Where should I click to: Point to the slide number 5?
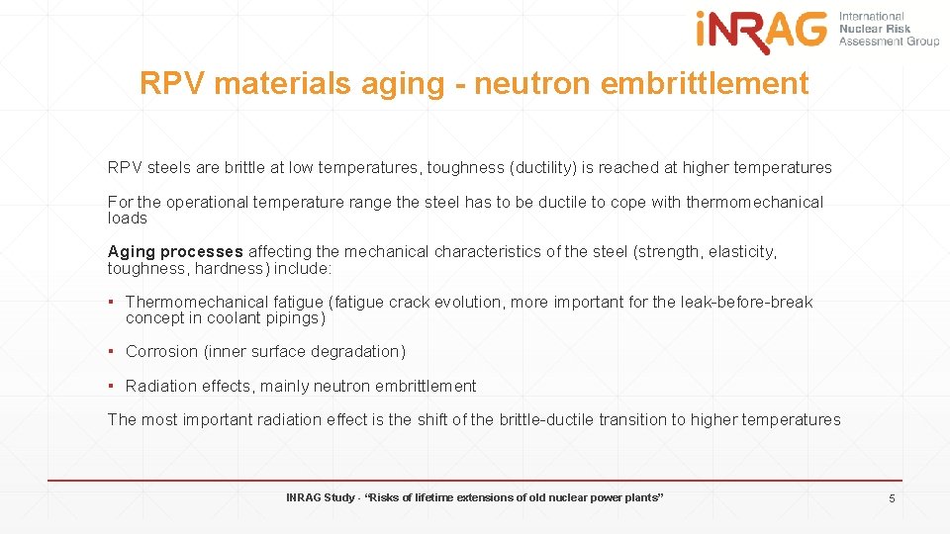[x=892, y=498]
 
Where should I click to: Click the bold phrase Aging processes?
[x=175, y=252]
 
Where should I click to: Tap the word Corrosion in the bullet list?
[x=161, y=352]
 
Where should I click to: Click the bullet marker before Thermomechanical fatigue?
[x=114, y=302]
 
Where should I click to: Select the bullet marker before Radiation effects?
[x=114, y=386]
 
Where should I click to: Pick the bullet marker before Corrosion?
[x=114, y=352]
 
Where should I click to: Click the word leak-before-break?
[x=746, y=302]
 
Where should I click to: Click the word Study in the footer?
[x=338, y=497]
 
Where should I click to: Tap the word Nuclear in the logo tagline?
[x=858, y=30]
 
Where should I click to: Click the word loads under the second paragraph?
[x=127, y=218]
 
